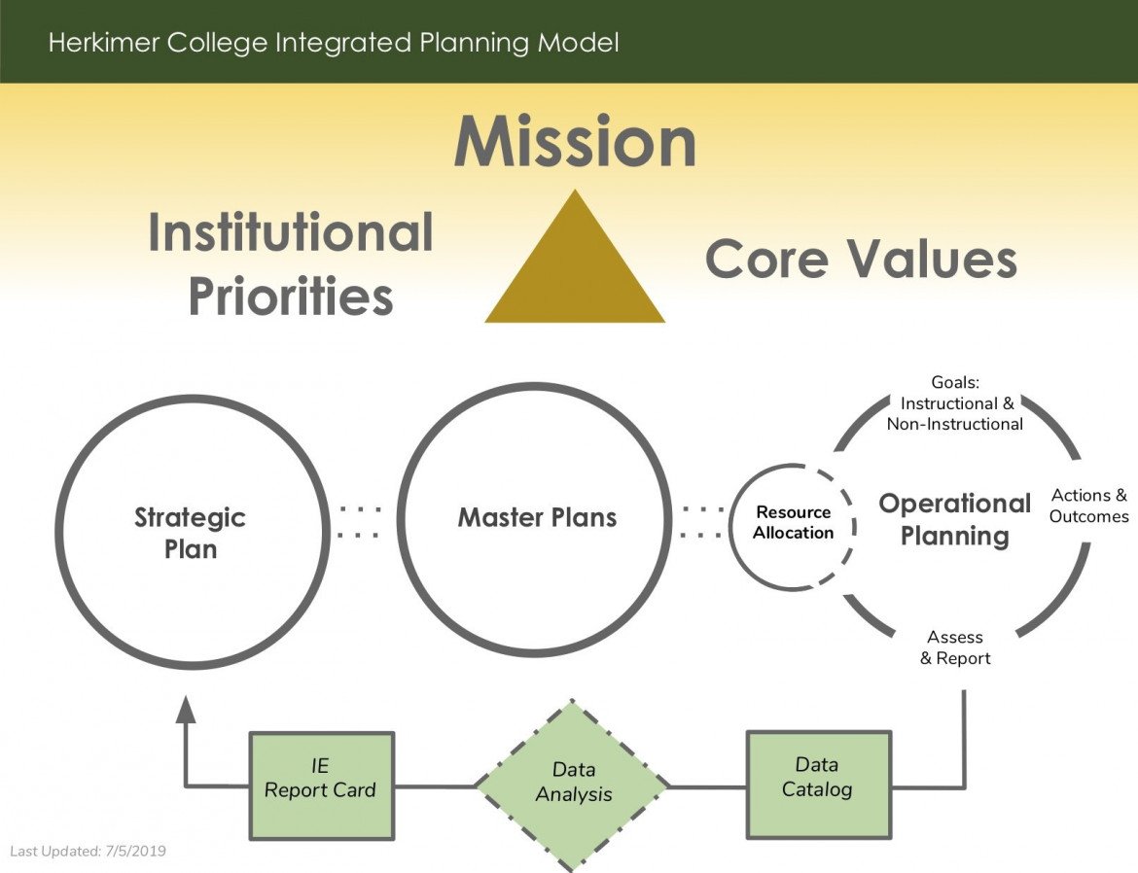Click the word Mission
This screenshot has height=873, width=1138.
[575, 142]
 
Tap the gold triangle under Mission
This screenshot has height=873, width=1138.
[575, 272]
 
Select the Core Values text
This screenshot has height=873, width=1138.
[861, 260]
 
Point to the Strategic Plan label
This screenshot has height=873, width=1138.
[190, 533]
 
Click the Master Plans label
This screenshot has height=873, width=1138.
[537, 517]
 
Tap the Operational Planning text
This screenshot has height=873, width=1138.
[954, 519]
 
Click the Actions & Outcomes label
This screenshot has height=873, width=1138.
[1088, 506]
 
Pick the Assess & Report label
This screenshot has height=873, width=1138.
[955, 647]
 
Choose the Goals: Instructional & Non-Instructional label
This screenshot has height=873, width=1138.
[954, 403]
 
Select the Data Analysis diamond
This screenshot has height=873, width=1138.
[574, 783]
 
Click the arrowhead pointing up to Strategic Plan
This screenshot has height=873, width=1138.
[186, 710]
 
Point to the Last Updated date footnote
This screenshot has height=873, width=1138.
[89, 851]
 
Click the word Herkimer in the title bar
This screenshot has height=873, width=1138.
[98, 43]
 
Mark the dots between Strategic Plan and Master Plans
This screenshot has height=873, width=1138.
[360, 521]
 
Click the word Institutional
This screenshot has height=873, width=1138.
[291, 233]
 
